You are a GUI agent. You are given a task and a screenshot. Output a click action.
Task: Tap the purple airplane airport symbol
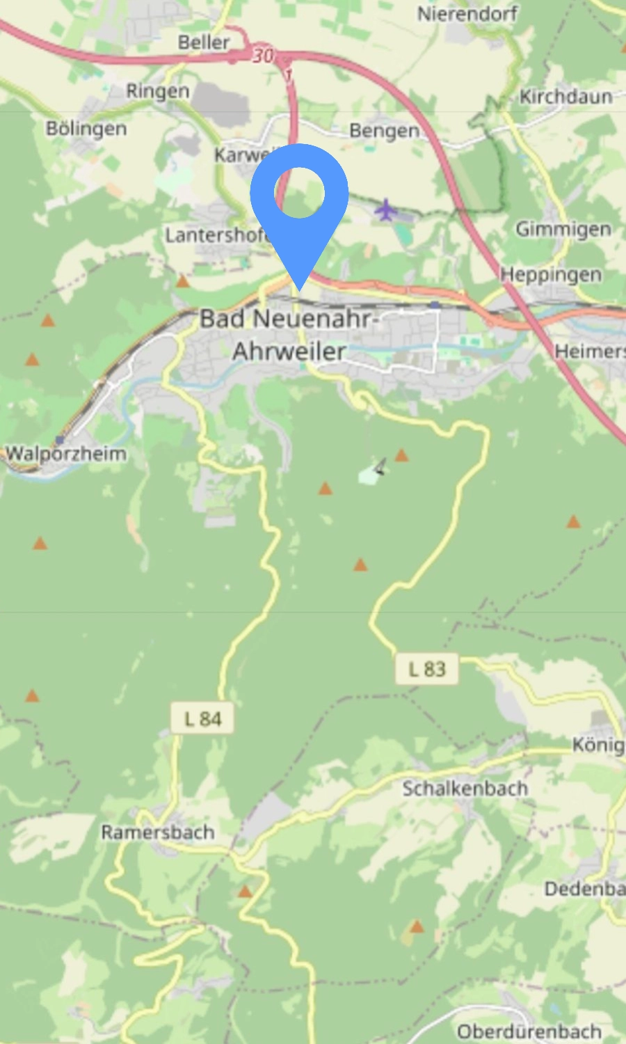385,209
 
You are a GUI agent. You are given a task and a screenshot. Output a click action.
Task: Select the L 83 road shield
427,669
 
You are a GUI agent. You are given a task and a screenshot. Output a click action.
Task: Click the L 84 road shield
202,719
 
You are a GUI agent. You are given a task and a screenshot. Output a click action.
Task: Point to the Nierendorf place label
467,14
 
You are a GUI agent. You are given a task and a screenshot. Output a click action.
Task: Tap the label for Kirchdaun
565,96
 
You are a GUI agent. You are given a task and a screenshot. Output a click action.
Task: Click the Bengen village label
384,131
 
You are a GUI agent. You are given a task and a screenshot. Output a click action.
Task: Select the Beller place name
203,42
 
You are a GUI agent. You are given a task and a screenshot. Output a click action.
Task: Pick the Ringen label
157,91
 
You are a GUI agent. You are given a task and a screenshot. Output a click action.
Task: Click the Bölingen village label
86,129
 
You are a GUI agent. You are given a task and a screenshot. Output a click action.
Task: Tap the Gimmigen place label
563,228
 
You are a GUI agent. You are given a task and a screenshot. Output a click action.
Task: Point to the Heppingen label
551,274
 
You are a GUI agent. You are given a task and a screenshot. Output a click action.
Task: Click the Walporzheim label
66,454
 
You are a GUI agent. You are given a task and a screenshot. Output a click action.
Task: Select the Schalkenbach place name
465,789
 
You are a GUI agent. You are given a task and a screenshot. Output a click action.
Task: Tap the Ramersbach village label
157,832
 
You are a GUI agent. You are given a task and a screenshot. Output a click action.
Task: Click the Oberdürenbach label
529,1031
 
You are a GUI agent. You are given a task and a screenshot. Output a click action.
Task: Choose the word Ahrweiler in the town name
289,351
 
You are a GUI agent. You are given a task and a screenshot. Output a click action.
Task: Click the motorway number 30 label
263,55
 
